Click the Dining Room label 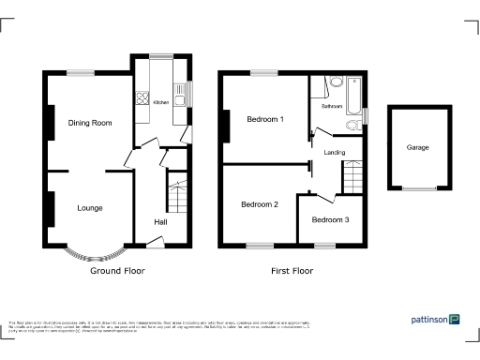pyautogui.click(x=90, y=123)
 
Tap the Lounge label pyautogui.click(x=90, y=208)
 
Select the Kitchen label pyautogui.click(x=160, y=102)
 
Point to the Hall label pyautogui.click(x=161, y=222)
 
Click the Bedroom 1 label pyautogui.click(x=264, y=120)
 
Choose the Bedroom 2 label pyautogui.click(x=260, y=204)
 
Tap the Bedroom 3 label pyautogui.click(x=330, y=220)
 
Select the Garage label pyautogui.click(x=418, y=148)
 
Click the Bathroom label pyautogui.click(x=332, y=107)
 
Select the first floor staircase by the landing pyautogui.click(x=352, y=176)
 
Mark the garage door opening pyautogui.click(x=418, y=190)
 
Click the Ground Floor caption pyautogui.click(x=117, y=270)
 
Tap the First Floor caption pyautogui.click(x=291, y=270)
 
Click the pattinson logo pyautogui.click(x=435, y=320)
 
